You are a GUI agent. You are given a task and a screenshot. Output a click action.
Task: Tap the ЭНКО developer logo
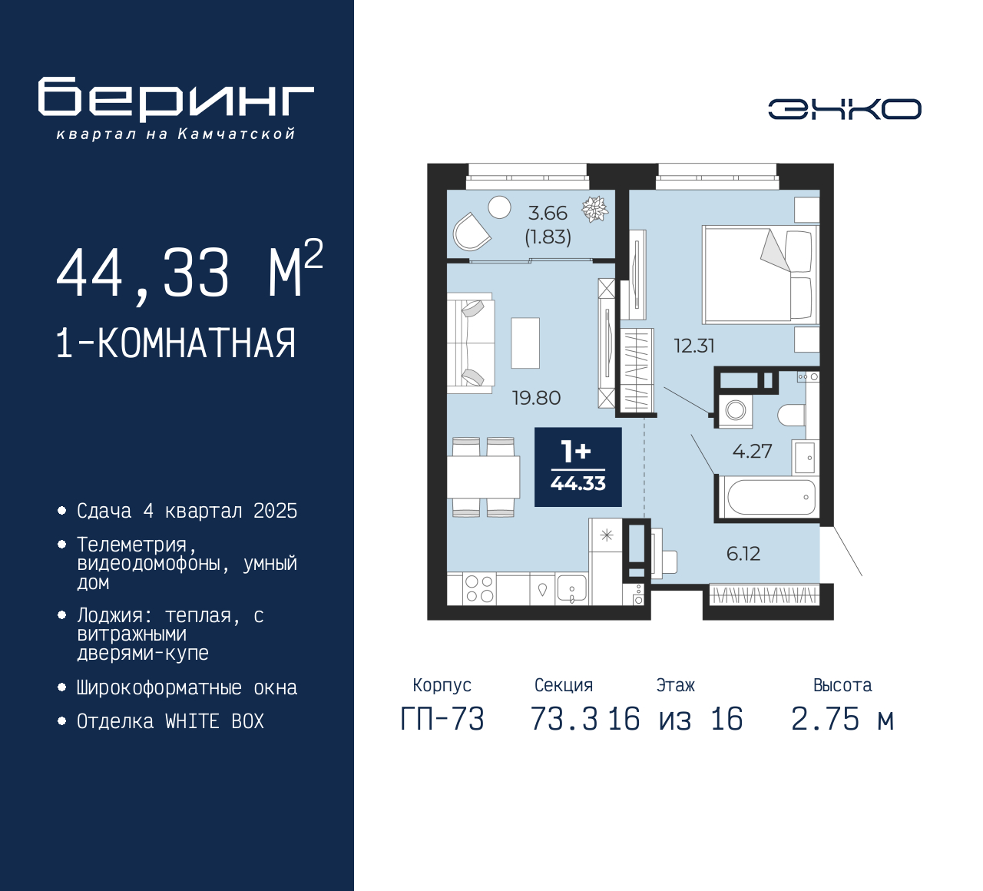845,109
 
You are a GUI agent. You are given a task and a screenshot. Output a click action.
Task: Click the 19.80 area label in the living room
536,397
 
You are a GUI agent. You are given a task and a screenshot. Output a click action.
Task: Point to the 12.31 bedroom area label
694,346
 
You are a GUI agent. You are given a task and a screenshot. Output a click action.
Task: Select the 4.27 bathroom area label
752,451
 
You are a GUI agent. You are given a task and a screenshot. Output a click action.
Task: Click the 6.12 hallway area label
743,554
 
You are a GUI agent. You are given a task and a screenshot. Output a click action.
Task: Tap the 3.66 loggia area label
548,214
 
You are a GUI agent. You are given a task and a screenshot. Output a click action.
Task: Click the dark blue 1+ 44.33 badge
578,467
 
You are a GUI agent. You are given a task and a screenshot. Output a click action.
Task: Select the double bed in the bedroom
761,274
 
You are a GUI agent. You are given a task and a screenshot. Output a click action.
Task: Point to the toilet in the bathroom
792,415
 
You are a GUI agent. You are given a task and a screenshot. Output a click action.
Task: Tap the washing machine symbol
736,410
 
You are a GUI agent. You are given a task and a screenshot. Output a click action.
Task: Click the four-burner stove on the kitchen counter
479,588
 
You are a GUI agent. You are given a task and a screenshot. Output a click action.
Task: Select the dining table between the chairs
484,477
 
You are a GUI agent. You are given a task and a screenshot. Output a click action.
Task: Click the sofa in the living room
470,343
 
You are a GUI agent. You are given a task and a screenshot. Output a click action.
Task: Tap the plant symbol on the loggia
595,209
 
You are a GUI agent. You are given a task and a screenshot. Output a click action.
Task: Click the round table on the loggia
499,207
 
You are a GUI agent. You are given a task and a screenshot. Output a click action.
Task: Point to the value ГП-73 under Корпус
442,719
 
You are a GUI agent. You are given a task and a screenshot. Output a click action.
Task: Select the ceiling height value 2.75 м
842,719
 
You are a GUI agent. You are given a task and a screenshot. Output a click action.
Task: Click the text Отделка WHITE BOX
170,721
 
